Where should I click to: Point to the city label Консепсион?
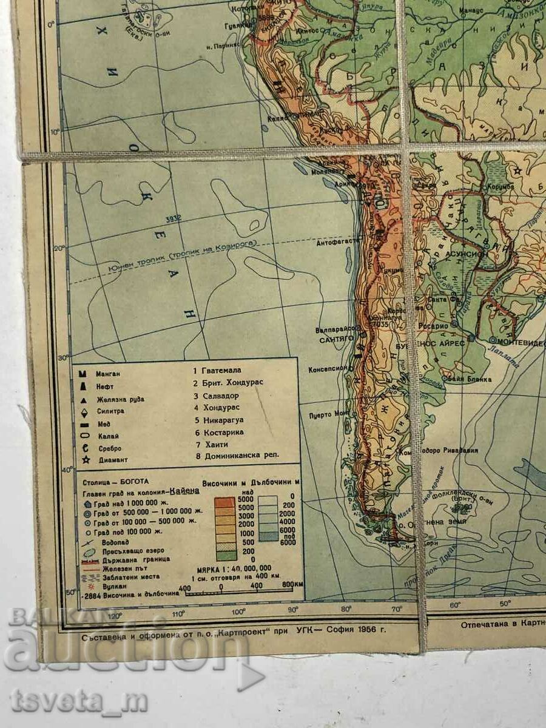(328, 368)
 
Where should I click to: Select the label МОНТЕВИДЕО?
(517, 342)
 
